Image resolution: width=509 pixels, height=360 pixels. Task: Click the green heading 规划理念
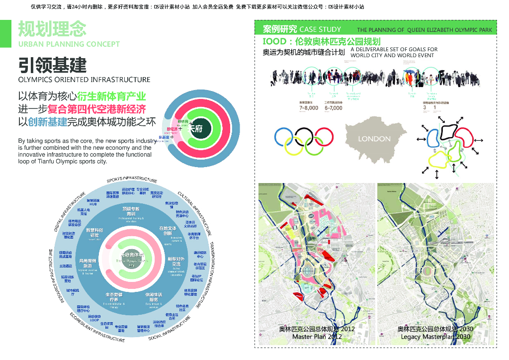click(x=52, y=29)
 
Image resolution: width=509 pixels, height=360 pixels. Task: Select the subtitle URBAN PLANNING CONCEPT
click(x=69, y=44)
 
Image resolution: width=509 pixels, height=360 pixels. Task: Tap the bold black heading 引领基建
click(x=52, y=65)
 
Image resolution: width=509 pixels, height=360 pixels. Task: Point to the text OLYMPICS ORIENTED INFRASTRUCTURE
click(x=84, y=80)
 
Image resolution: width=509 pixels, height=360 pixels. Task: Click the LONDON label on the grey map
click(x=374, y=139)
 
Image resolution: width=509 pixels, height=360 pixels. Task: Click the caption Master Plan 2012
click(x=317, y=337)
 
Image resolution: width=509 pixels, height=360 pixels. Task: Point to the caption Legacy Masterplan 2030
click(x=435, y=337)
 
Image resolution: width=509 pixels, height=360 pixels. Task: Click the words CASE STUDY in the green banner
click(x=320, y=29)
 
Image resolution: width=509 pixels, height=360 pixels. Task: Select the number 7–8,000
click(x=309, y=108)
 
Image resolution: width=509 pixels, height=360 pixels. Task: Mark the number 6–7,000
click(x=333, y=108)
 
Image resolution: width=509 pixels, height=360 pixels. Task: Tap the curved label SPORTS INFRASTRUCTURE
click(x=132, y=179)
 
